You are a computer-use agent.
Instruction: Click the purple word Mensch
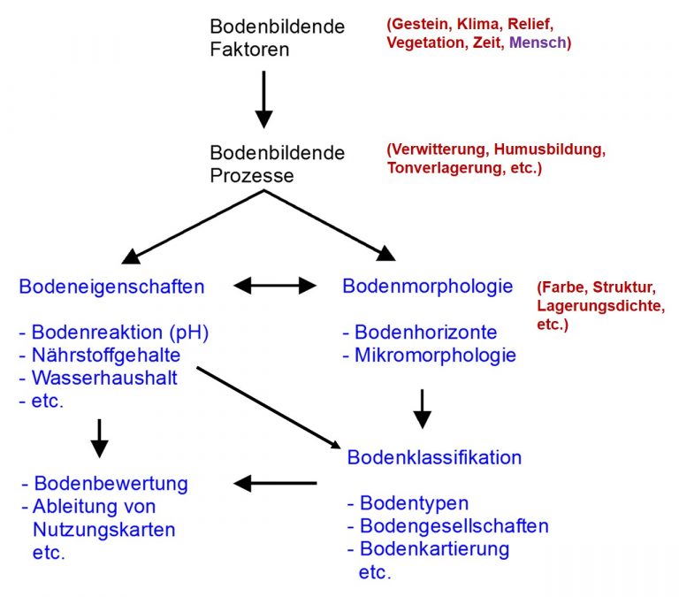point(538,42)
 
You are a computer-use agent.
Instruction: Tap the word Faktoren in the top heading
point(249,49)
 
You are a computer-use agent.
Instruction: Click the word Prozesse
point(252,175)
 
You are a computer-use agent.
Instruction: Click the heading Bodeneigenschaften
point(111,287)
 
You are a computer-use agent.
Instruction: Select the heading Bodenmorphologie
point(427,287)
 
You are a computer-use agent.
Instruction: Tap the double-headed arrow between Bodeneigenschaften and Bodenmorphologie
point(275,286)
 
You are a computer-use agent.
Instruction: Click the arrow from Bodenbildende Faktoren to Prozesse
point(263,99)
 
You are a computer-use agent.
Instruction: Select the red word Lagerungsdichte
point(600,306)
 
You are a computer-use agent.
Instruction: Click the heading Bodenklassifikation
point(434,457)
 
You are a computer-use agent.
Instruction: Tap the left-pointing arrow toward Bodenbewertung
point(275,483)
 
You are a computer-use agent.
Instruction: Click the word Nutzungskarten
point(104,530)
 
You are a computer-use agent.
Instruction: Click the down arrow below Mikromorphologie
point(423,409)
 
